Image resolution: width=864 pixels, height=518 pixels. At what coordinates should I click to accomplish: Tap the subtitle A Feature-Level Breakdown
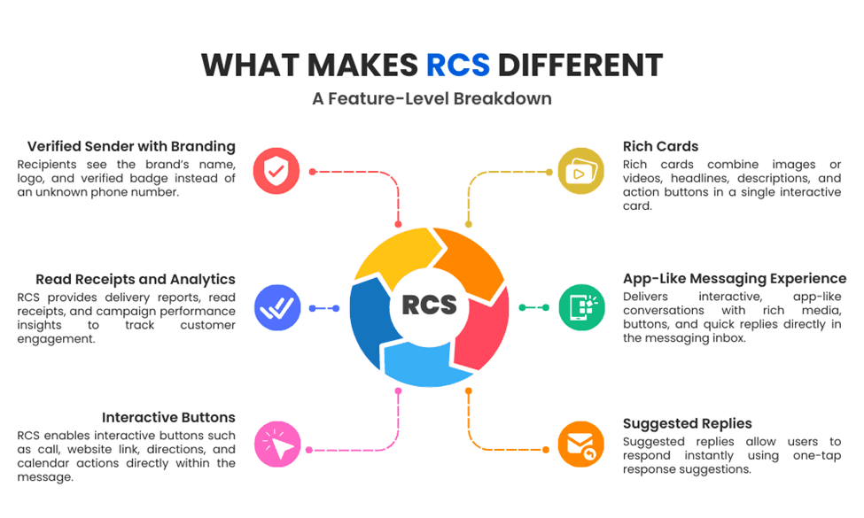(432, 98)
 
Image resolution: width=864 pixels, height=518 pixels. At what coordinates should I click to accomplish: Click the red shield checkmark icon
(276, 171)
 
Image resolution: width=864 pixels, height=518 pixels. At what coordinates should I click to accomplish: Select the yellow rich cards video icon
(581, 171)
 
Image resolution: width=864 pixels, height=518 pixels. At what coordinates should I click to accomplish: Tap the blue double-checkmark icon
(276, 307)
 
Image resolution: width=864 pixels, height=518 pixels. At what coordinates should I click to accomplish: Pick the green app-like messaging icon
(581, 307)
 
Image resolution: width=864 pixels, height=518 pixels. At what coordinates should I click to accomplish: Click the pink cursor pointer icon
(276, 445)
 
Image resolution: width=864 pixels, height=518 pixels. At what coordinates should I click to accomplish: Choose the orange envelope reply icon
(581, 445)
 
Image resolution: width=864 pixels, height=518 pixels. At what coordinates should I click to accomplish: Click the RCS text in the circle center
(430, 305)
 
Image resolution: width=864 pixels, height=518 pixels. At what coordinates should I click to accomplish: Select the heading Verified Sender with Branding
(131, 146)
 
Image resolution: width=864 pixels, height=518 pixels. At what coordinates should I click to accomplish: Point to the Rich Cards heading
(660, 146)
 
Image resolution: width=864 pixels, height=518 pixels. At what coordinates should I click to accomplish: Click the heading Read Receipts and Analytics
(136, 279)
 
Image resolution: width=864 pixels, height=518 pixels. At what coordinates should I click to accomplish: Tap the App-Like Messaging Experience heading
(735, 279)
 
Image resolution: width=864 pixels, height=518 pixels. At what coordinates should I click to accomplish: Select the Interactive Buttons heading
(168, 417)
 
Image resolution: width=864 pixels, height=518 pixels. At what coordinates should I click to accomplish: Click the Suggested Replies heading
(688, 423)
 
